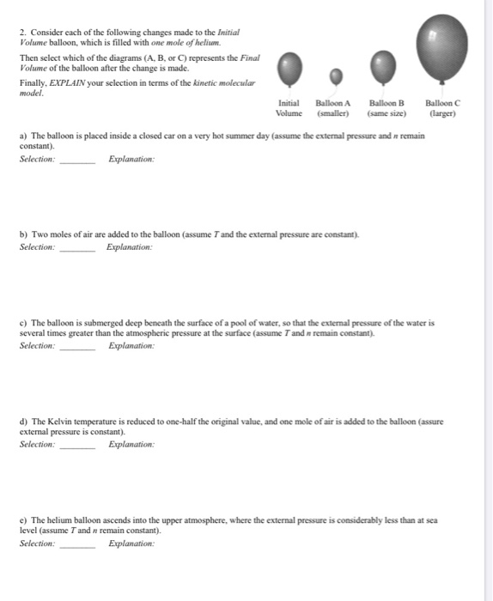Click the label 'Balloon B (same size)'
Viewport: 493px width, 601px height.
point(386,108)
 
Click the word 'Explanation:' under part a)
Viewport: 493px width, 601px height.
point(131,159)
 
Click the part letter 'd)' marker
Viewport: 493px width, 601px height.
point(23,422)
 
